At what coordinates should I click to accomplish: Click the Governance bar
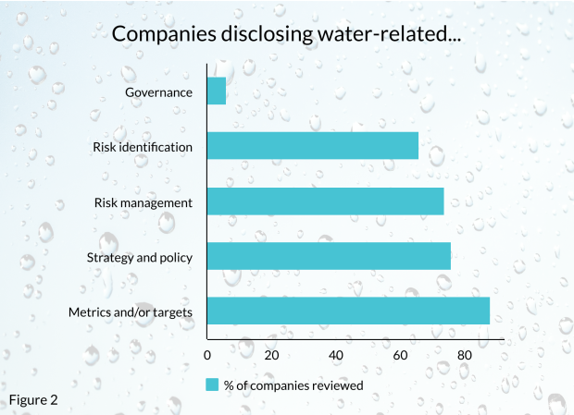coord(217,92)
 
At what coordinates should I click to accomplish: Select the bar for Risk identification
coord(313,146)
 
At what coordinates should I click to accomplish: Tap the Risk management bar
coord(325,201)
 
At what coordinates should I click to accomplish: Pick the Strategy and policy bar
coord(329,256)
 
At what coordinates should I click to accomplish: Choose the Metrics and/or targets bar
coord(348,311)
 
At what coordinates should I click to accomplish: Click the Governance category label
coord(159,92)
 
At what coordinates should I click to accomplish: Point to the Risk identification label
coord(143,146)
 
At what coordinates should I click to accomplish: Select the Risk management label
coord(143,201)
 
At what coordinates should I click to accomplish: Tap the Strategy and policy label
coord(139,257)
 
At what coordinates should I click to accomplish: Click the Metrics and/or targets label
coord(131,311)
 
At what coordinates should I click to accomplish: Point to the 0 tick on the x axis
coord(207,355)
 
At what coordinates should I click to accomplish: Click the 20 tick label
coord(271,355)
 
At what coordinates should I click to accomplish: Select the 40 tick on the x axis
coord(336,355)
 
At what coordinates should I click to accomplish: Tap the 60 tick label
coord(400,355)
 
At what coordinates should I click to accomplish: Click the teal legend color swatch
coord(212,384)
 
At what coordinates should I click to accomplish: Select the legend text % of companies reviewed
coord(293,384)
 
